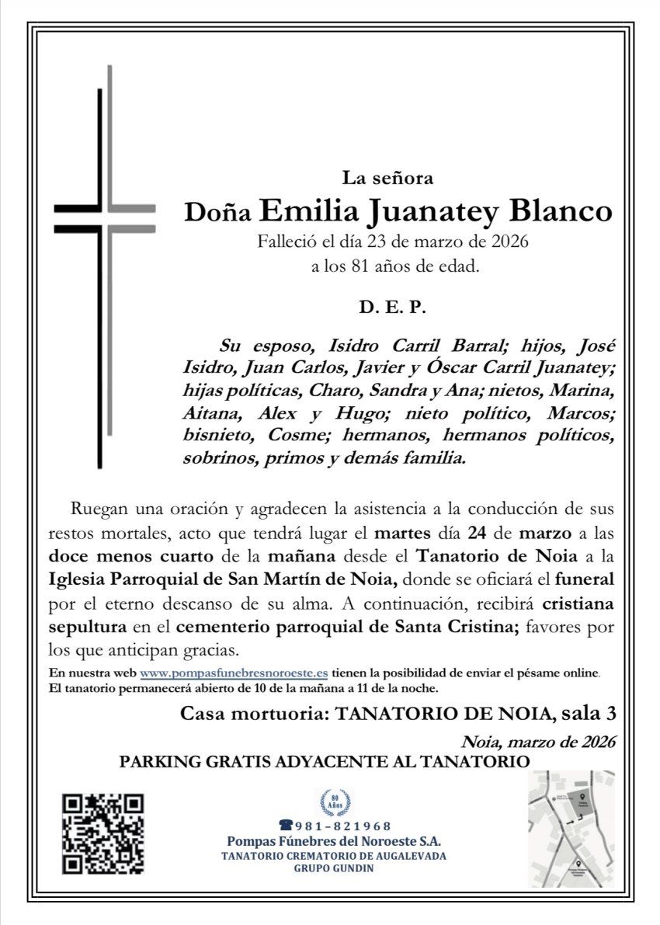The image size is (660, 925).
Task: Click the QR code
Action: tap(103, 833)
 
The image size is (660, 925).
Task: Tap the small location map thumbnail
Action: tap(571, 829)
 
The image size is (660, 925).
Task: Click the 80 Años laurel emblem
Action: tap(335, 802)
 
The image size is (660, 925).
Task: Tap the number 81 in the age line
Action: tap(349, 268)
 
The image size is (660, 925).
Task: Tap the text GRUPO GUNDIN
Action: tap(335, 868)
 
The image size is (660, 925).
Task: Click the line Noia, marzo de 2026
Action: tap(538, 741)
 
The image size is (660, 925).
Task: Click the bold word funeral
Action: tap(582, 579)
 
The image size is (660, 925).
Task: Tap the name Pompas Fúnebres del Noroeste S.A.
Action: tap(335, 842)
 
